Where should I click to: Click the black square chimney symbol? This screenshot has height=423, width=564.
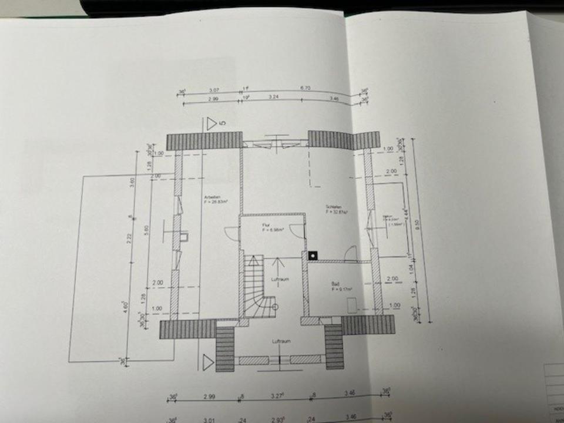pos(313,256)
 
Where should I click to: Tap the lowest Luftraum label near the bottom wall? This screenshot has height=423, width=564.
pos(279,341)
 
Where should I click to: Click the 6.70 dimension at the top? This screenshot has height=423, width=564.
pos(305,88)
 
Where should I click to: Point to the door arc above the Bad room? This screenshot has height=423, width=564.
pos(350,253)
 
